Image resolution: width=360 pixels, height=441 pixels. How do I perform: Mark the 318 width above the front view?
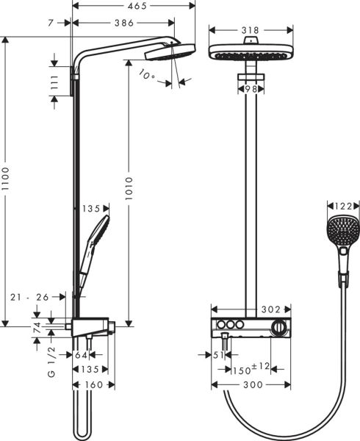[x=251, y=31]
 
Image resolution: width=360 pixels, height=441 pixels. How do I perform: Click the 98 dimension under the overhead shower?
[x=251, y=88]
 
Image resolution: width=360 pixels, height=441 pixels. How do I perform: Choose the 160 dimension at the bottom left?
[x=94, y=384]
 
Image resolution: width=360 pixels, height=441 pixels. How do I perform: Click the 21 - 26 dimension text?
[x=30, y=297]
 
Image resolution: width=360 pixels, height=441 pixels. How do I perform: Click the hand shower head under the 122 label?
[x=339, y=232]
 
